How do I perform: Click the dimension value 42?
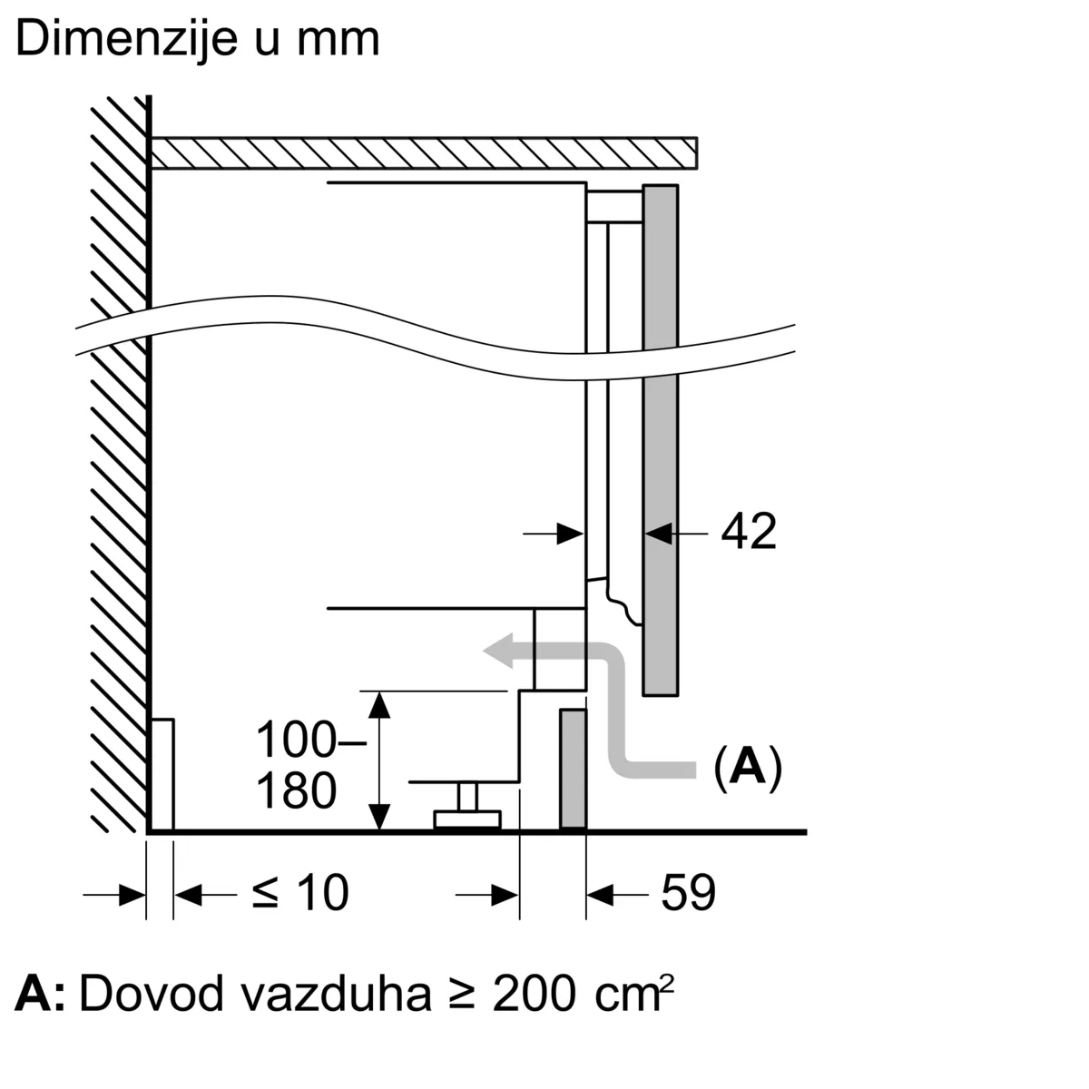click(749, 532)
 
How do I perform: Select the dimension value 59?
click(688, 893)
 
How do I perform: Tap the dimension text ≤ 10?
click(300, 893)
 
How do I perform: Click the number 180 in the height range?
click(296, 790)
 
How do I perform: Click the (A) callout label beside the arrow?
click(747, 768)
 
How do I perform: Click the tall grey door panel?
click(661, 440)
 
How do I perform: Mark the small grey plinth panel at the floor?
click(573, 770)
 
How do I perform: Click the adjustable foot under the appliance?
click(466, 809)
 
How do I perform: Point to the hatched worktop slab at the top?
click(424, 152)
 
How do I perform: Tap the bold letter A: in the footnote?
click(41, 995)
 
